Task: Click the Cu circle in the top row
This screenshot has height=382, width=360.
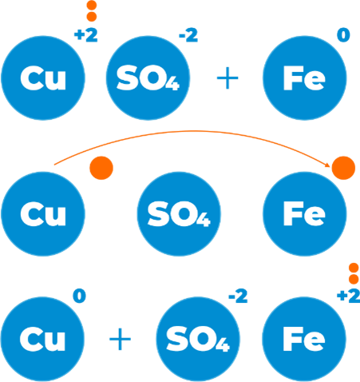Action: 43,78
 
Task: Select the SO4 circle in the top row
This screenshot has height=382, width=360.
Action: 148,78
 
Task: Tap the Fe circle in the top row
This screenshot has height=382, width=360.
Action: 305,78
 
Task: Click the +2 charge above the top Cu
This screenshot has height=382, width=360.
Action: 86,36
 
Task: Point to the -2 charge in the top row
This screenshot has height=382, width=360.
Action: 188,36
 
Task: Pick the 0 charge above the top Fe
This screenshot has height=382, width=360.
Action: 343,35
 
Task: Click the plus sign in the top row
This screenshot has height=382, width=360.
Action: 227,78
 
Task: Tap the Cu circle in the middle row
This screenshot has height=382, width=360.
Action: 43,214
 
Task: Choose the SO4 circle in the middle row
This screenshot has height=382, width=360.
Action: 179,214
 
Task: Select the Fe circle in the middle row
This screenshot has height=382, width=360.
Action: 305,214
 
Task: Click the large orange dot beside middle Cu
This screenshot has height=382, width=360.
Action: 101,168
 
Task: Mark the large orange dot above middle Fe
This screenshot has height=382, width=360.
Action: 343,168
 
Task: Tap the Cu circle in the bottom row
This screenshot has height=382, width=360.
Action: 42,339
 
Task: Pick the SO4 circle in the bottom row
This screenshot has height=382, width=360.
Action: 198,339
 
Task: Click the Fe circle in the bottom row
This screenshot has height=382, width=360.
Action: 304,339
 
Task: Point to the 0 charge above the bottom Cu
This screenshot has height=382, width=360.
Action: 80,296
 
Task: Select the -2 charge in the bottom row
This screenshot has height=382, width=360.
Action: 238,296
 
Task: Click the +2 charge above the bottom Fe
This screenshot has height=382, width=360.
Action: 349,296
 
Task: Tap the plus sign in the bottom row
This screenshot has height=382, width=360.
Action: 121,339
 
